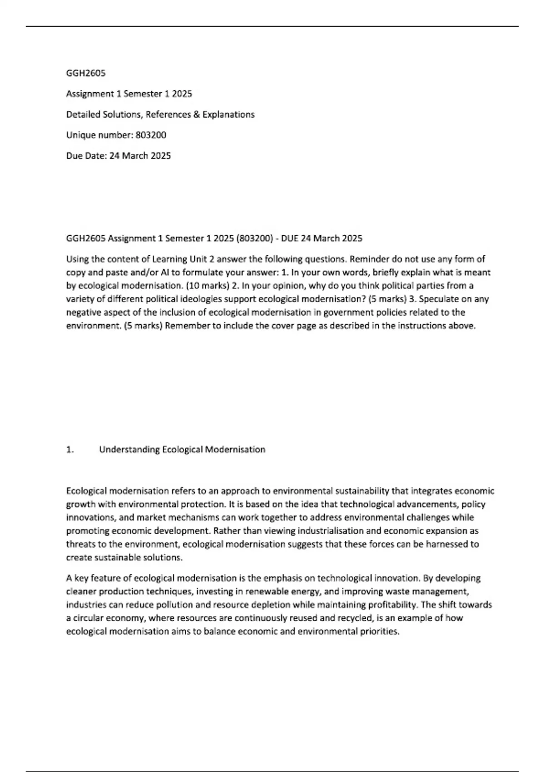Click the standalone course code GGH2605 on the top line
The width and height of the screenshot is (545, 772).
[86, 73]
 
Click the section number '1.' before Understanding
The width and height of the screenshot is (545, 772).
[70, 450]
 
